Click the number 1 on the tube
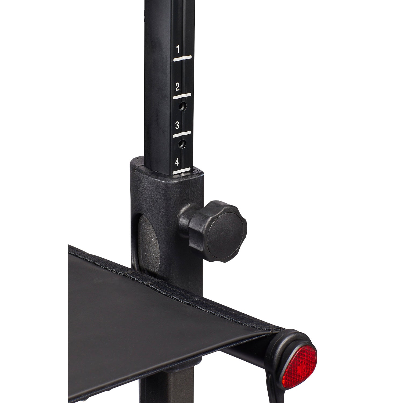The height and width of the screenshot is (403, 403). [178, 49]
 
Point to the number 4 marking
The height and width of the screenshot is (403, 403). [177, 162]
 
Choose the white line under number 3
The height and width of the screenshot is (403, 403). [182, 134]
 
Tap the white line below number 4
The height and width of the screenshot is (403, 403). [182, 170]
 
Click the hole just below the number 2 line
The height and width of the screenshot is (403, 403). [183, 107]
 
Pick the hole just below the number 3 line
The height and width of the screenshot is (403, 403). [182, 144]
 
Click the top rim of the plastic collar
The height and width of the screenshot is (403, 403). [167, 172]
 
